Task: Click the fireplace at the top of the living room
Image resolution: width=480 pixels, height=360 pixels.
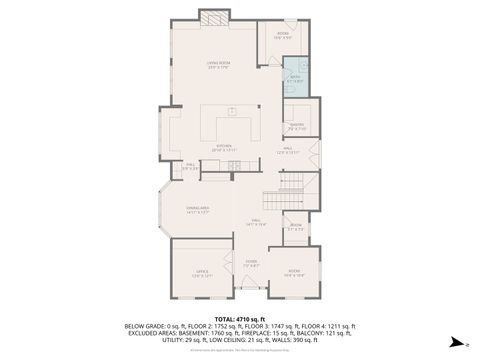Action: click(212, 17)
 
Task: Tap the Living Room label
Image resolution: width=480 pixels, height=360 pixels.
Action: click(218, 66)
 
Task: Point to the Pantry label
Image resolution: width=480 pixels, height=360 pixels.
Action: click(297, 126)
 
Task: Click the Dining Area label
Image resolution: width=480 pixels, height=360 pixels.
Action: click(197, 210)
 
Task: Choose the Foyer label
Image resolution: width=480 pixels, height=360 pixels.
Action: click(251, 263)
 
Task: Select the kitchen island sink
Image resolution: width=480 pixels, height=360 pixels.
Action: click(230, 111)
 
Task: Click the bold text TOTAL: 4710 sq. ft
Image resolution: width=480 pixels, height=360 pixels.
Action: click(239, 317)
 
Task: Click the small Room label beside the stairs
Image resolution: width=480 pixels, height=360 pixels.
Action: click(295, 227)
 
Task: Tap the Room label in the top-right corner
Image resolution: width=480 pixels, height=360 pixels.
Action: click(283, 36)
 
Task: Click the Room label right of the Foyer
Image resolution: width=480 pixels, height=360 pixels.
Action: click(294, 272)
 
